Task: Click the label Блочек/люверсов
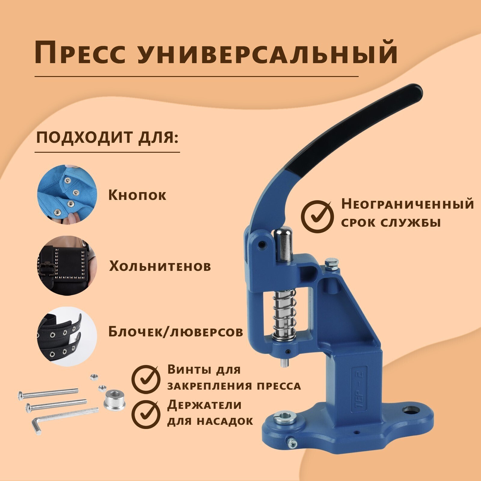coord(176,332)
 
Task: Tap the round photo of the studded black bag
coord(67,266)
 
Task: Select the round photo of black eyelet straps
coord(67,336)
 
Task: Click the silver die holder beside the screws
coord(114,400)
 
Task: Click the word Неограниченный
coord(408,204)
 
